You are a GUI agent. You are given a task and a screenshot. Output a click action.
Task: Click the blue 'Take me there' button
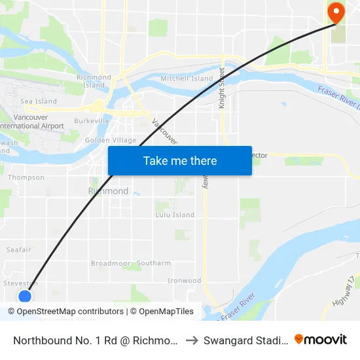point(180,160)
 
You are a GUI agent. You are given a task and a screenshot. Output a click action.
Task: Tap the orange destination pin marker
point(336,12)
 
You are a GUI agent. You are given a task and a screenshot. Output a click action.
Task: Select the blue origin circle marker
point(25,297)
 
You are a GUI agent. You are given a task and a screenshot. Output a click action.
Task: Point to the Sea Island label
point(39,101)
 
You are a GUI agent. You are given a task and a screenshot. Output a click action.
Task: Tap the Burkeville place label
point(92,122)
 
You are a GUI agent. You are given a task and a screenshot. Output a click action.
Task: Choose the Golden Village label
point(111,140)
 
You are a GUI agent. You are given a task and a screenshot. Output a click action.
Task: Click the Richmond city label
point(109,191)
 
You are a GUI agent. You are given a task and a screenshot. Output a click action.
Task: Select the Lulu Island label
point(175,215)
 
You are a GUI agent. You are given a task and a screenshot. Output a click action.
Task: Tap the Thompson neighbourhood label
point(26,177)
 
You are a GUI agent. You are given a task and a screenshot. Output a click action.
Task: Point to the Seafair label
point(18,249)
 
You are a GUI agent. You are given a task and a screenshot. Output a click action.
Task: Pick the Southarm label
point(154,263)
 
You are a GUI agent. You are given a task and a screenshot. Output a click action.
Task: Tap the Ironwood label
point(184,281)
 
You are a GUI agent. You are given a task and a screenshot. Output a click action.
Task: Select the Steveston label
point(20,283)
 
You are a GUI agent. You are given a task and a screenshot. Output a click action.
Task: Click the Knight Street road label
point(222,88)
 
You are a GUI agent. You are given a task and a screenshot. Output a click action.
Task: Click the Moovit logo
point(321,340)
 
